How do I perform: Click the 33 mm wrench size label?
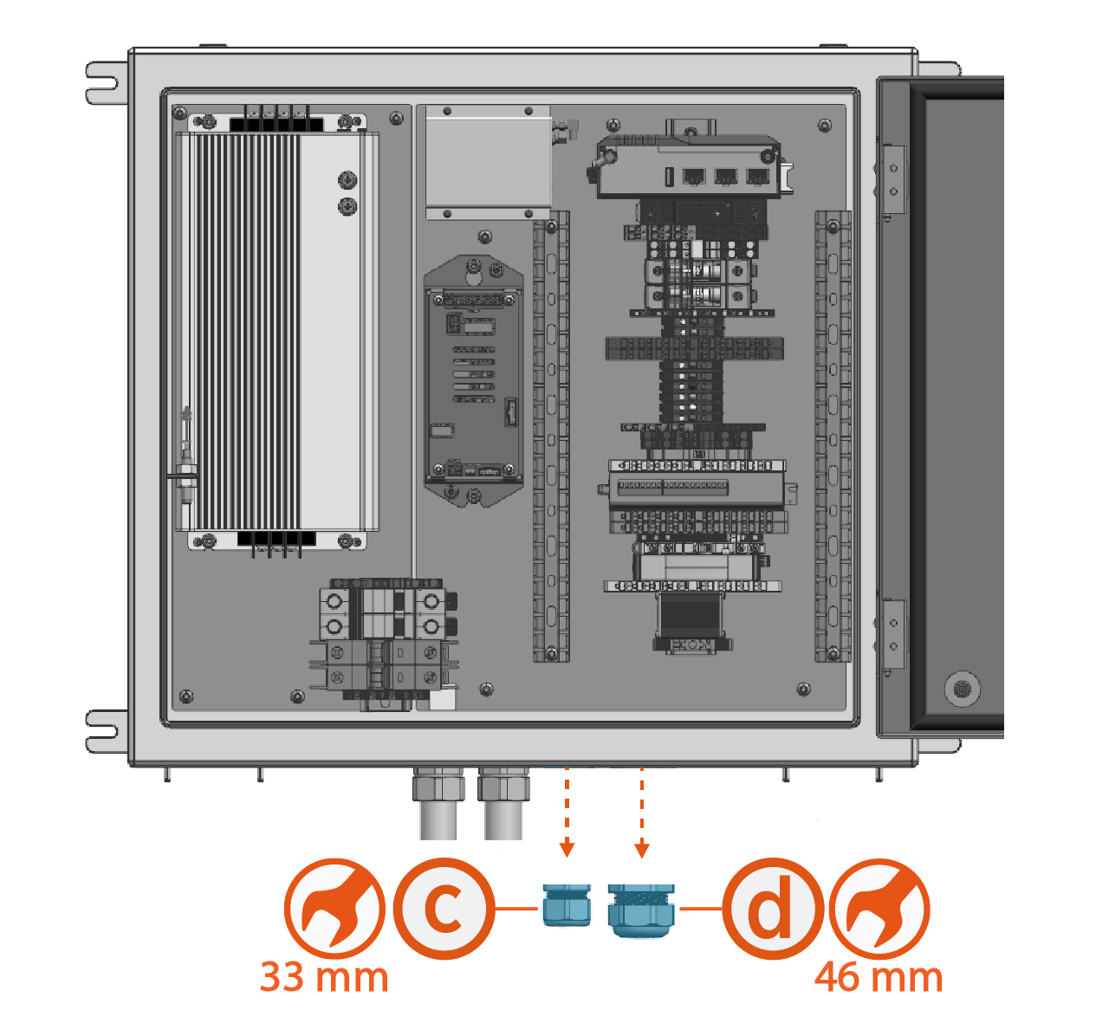tap(324, 977)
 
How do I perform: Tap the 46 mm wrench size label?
tap(878, 977)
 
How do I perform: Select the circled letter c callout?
tap(444, 909)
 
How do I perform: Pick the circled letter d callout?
tap(771, 909)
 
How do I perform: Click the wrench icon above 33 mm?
tap(334, 909)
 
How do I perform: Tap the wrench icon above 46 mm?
tap(879, 909)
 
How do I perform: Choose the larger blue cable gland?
tap(641, 910)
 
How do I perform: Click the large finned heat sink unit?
tap(276, 331)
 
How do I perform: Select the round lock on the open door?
tap(961, 690)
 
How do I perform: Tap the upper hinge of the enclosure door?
tap(892, 180)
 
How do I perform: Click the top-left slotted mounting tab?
tap(102, 82)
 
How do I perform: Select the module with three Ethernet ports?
tap(689, 168)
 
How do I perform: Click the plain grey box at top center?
tap(488, 161)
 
